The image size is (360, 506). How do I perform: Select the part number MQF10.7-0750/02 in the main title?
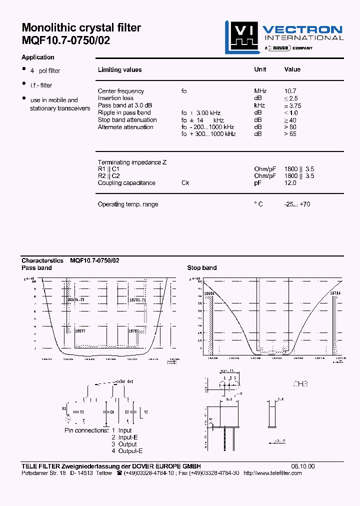click(x=66, y=41)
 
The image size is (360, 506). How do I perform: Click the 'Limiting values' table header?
click(x=119, y=70)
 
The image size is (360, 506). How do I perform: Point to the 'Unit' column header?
click(x=260, y=69)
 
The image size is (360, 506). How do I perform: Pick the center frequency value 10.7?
click(x=290, y=91)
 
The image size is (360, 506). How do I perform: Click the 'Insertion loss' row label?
click(x=115, y=98)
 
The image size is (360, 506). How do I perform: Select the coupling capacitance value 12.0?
click(x=290, y=183)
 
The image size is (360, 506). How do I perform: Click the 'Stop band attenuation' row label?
click(x=127, y=120)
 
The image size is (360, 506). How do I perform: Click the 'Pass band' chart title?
click(x=36, y=268)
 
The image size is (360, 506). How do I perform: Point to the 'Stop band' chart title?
click(x=201, y=268)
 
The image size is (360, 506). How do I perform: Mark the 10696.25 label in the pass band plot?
click(x=75, y=299)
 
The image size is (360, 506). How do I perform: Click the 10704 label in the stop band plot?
click(x=335, y=293)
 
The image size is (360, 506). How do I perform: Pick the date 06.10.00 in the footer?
click(x=303, y=466)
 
